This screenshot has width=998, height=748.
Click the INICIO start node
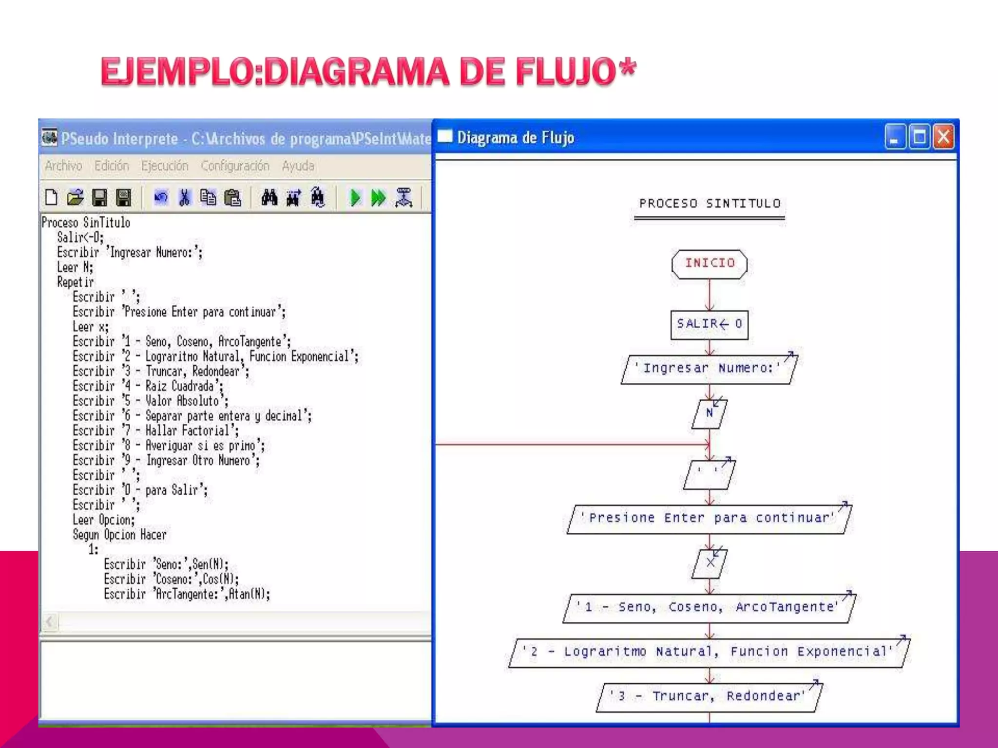click(709, 264)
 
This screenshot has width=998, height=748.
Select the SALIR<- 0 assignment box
click(709, 324)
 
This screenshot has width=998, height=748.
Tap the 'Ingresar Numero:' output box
click(709, 369)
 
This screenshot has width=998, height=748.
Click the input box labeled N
click(709, 413)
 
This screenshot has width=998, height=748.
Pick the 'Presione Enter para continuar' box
click(709, 519)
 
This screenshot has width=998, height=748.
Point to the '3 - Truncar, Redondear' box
click(709, 696)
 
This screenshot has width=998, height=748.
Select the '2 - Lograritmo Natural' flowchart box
click(709, 652)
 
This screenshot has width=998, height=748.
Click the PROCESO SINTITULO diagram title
click(710, 204)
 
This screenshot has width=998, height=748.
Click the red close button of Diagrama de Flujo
click(943, 137)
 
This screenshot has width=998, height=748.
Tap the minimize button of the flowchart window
click(895, 137)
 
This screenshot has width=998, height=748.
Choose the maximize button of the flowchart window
click(919, 137)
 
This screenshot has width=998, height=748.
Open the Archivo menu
click(63, 166)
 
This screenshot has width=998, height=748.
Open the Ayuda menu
click(298, 166)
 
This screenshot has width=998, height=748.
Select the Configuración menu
click(235, 166)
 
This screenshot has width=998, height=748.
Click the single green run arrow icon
click(355, 198)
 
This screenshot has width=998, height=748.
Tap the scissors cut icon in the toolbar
click(184, 198)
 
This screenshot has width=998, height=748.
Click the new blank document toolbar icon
click(51, 198)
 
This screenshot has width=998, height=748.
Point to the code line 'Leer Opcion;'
click(103, 520)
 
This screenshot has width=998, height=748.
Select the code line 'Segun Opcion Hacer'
click(119, 535)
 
